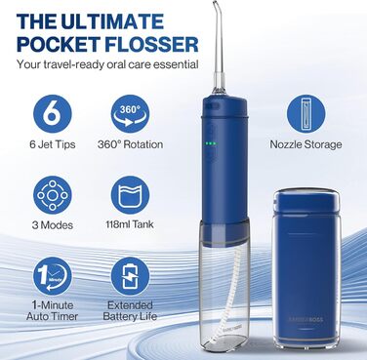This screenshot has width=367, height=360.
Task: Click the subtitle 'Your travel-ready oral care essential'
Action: [107, 64]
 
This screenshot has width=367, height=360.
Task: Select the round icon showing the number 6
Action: [53, 114]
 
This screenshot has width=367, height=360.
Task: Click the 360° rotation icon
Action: [130, 114]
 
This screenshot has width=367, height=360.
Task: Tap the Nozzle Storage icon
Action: [306, 114]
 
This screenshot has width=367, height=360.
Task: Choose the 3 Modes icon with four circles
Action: [53, 195]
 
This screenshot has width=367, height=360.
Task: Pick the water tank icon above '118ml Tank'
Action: [130, 195]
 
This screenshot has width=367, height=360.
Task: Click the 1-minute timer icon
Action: [53, 276]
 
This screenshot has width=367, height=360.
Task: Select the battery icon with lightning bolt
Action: [130, 276]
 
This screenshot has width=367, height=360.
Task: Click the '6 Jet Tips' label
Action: [53, 144]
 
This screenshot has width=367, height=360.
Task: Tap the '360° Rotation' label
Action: [130, 144]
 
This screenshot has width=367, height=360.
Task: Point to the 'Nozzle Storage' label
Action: [306, 144]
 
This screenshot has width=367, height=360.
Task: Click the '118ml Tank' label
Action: [130, 224]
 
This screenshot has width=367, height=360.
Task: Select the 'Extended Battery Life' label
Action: [130, 310]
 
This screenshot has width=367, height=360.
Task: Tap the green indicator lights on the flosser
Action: [210, 143]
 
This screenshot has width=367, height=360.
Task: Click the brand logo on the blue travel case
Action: [306, 319]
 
